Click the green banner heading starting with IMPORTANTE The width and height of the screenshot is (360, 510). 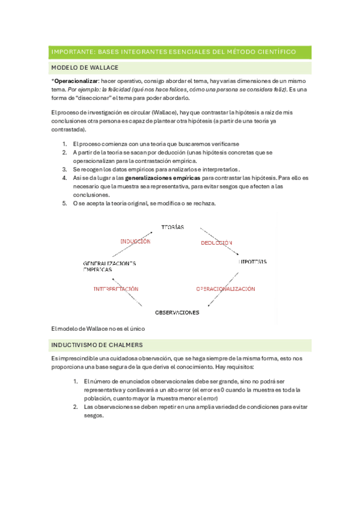pyautogui.click(x=173, y=52)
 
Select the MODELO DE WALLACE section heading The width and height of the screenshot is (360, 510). pyautogui.click(x=85, y=67)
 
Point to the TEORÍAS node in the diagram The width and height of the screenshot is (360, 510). pyautogui.click(x=172, y=227)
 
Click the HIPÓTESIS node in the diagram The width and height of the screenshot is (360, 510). pyautogui.click(x=252, y=262)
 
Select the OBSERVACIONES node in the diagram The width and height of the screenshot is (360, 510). pyautogui.click(x=177, y=313)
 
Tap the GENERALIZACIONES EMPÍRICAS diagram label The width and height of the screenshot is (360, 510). pyautogui.click(x=109, y=266)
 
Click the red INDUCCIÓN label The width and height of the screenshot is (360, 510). pyautogui.click(x=135, y=241)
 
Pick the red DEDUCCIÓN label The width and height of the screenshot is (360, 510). pyautogui.click(x=216, y=242)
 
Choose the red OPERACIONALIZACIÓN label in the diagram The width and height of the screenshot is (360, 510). pyautogui.click(x=225, y=289)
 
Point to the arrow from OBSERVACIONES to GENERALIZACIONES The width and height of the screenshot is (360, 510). pyautogui.click(x=124, y=292)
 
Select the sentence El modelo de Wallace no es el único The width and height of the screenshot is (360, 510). pyautogui.click(x=99, y=328)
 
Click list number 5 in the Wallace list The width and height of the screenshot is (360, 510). pyautogui.click(x=65, y=203)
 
